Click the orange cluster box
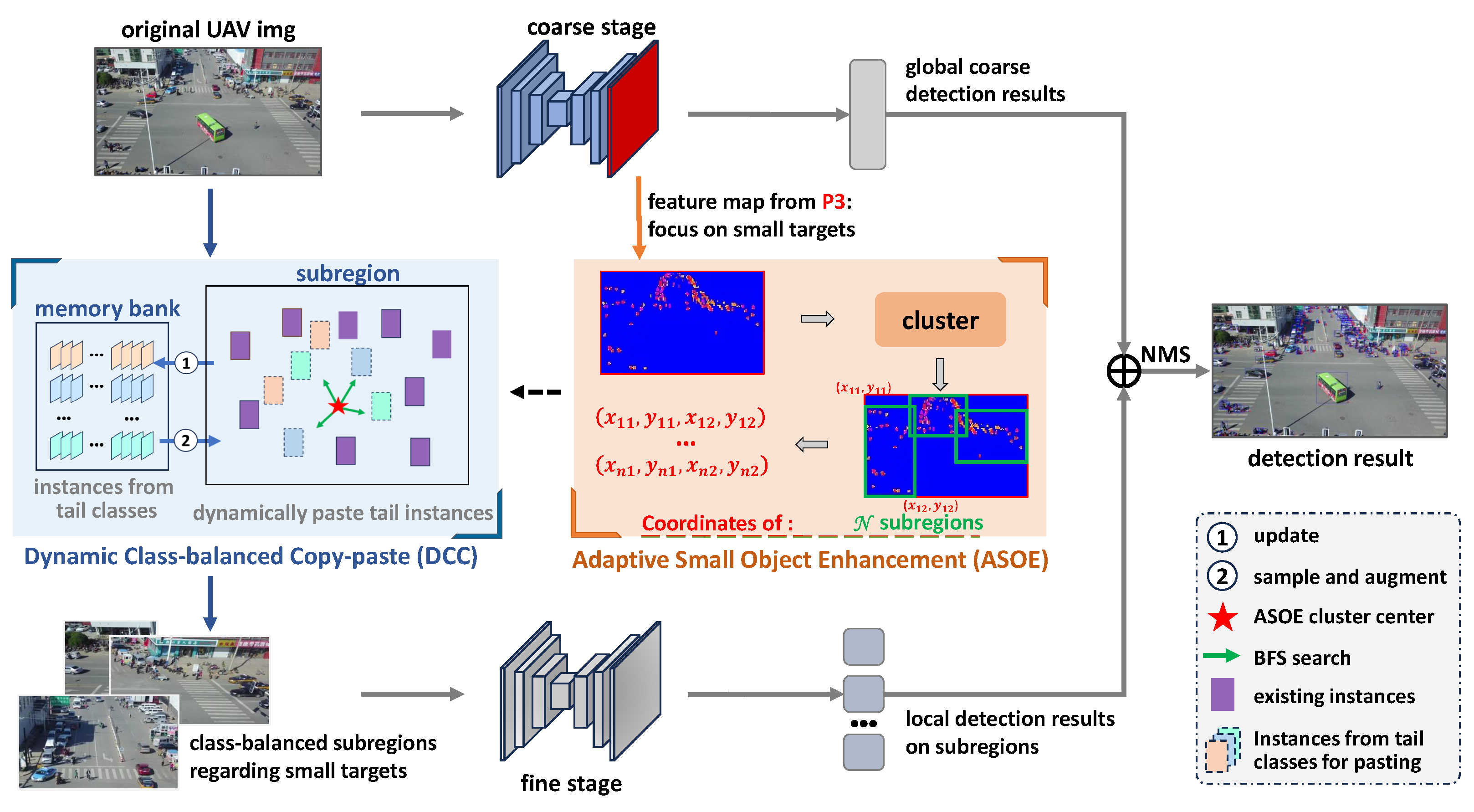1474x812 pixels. pyautogui.click(x=940, y=319)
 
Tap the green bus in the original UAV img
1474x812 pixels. pyautogui.click(x=210, y=127)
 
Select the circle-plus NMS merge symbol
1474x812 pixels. pyautogui.click(x=1123, y=371)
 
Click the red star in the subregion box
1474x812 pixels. pyautogui.click(x=338, y=406)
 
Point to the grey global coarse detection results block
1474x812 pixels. pyautogui.click(x=867, y=114)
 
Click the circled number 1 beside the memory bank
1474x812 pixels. pyautogui.click(x=186, y=363)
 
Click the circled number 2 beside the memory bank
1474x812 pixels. pyautogui.click(x=185, y=441)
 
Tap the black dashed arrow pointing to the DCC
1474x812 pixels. pyautogui.click(x=536, y=392)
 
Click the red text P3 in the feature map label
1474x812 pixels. pyautogui.click(x=833, y=202)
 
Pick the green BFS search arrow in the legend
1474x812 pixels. pyautogui.click(x=1221, y=656)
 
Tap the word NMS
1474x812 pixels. pyautogui.click(x=1165, y=355)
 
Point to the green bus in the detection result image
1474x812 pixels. pyautogui.click(x=1331, y=387)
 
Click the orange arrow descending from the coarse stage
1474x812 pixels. pyautogui.click(x=639, y=217)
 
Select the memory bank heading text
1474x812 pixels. pyautogui.click(x=107, y=308)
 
